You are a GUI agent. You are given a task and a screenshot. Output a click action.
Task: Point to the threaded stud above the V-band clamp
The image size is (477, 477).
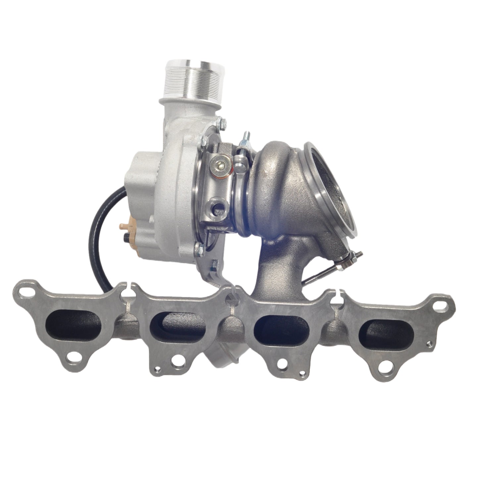(246, 139)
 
